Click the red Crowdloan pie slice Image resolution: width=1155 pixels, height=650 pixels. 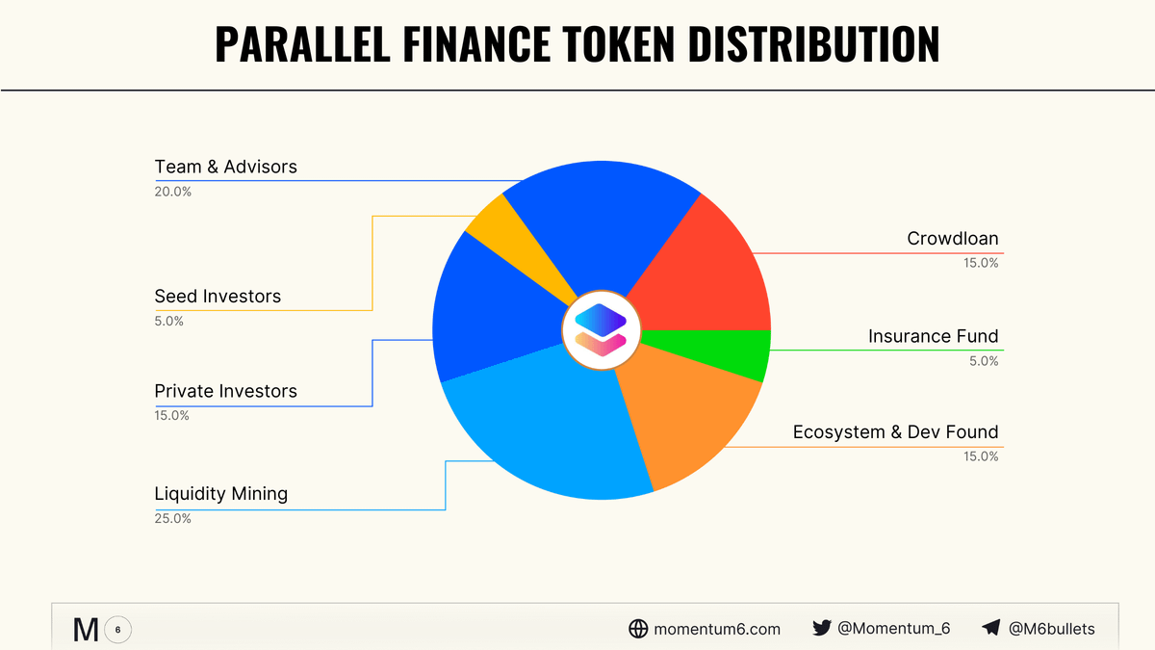tap(711, 273)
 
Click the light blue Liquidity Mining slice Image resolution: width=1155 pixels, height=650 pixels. tap(547, 433)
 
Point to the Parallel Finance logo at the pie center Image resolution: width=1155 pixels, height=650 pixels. tap(602, 330)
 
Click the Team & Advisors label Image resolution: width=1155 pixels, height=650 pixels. tap(226, 167)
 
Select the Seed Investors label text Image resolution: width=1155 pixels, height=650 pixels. tap(218, 297)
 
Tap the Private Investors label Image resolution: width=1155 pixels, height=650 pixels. tap(226, 391)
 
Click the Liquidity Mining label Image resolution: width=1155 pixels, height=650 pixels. tap(221, 494)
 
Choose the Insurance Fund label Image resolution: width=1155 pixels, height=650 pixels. tap(934, 336)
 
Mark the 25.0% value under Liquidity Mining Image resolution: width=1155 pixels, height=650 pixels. tap(172, 518)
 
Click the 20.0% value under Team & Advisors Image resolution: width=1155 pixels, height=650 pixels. tap(172, 192)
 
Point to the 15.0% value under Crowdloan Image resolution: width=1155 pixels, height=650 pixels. tap(981, 263)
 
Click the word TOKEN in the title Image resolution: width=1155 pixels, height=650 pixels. tap(618, 44)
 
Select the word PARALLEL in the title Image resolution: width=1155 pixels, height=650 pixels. tap(302, 44)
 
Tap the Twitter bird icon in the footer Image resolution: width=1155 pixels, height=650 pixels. tap(821, 628)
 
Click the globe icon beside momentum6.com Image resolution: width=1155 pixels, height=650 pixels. tap(638, 628)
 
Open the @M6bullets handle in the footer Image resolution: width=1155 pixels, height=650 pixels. tap(1051, 628)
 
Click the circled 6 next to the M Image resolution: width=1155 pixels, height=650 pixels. tap(117, 630)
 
